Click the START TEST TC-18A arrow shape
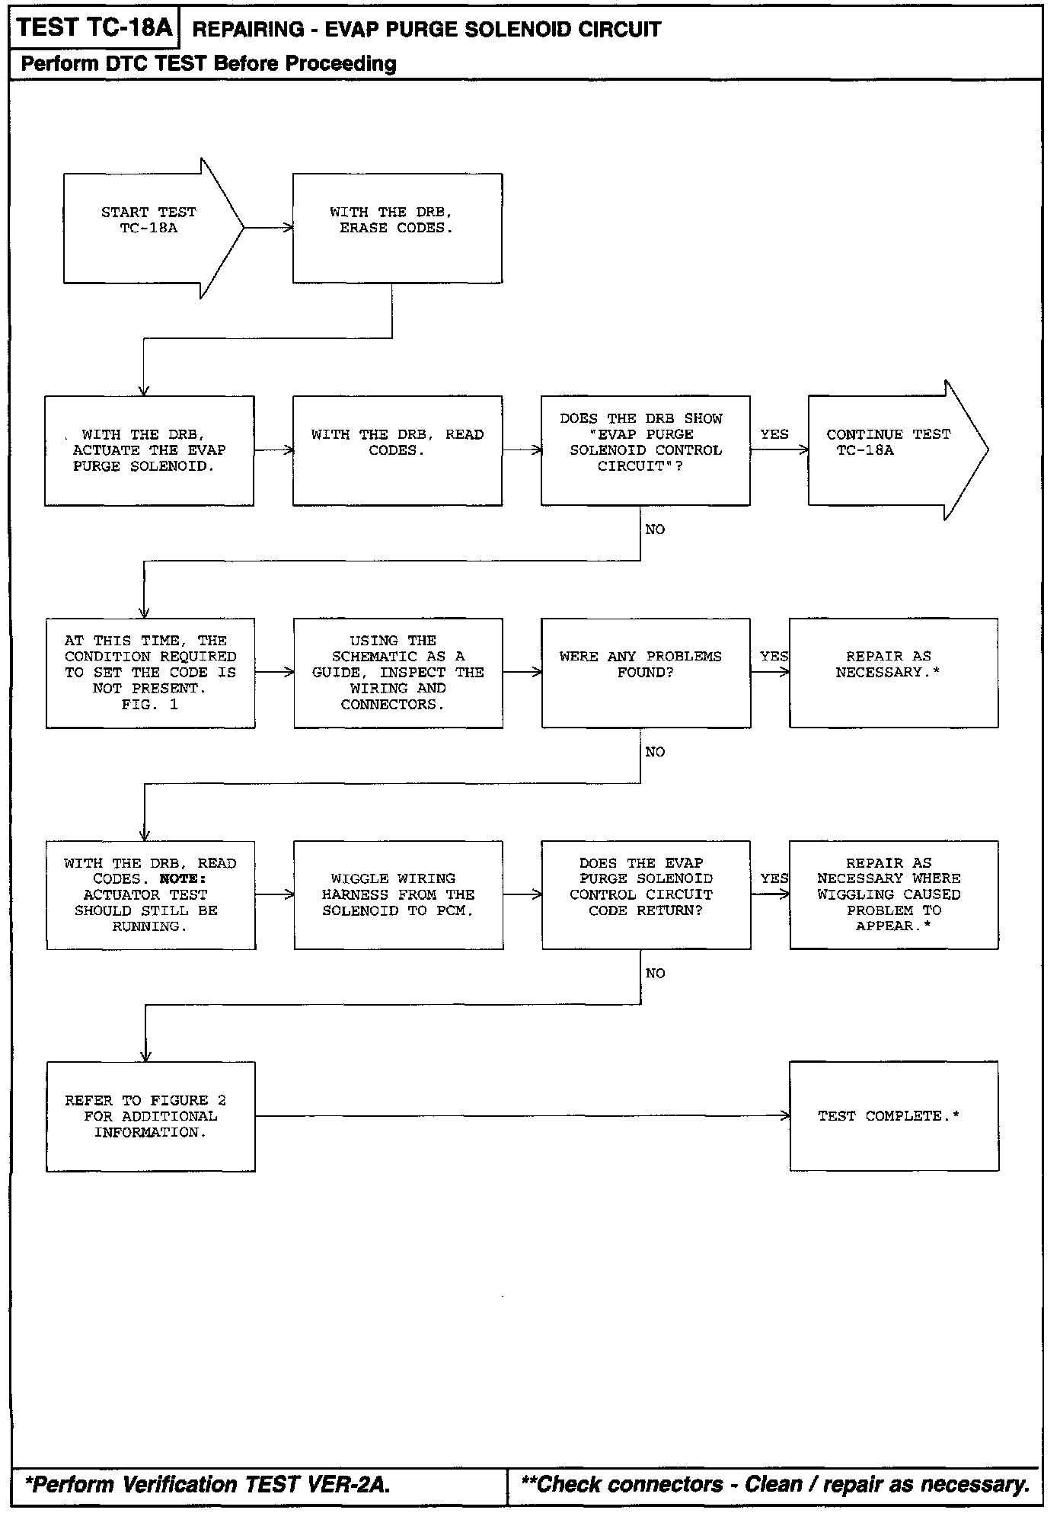point(148,228)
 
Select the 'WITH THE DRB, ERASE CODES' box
point(397,228)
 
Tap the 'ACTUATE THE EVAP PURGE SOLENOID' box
point(149,450)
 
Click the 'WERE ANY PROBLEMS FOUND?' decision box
point(645,673)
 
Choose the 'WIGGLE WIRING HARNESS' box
point(398,894)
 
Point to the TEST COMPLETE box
point(893,1116)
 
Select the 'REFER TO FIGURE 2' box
point(150,1116)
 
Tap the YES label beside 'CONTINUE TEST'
point(774,434)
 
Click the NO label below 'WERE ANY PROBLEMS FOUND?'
point(655,752)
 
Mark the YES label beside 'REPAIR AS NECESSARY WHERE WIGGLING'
point(774,878)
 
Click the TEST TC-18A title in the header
point(94,29)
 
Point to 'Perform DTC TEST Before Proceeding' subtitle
point(209,63)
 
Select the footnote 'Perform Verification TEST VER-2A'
point(208,1484)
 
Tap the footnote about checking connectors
point(775,1484)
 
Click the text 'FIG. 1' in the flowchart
point(149,705)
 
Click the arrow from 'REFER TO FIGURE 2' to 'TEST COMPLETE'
point(522,1116)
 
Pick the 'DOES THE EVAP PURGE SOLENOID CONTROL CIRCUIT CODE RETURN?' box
point(645,894)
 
